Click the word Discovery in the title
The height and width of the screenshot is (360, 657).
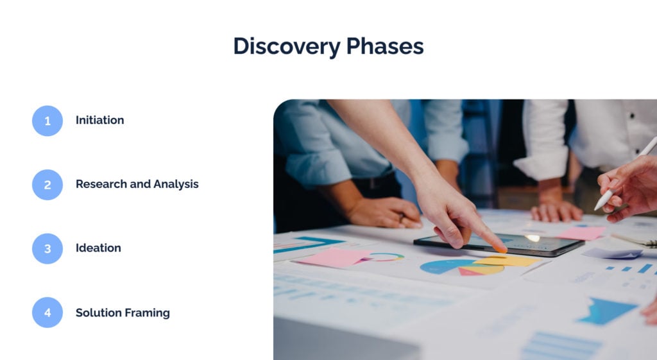(x=287, y=46)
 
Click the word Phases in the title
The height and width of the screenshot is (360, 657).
(x=385, y=46)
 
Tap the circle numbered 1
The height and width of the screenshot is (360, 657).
(x=47, y=121)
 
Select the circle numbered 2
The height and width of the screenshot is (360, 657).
(x=47, y=185)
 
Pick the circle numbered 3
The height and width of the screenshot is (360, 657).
(x=47, y=248)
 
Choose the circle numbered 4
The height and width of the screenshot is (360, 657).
(x=47, y=313)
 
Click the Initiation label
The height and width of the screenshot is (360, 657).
(x=99, y=120)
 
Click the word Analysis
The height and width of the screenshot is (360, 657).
(x=176, y=184)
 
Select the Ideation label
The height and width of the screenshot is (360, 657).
(x=98, y=248)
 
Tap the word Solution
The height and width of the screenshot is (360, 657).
(x=98, y=313)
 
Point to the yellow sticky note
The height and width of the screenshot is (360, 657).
(x=507, y=261)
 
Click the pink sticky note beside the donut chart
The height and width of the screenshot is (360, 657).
(x=333, y=257)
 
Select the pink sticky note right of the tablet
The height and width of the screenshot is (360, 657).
(x=581, y=233)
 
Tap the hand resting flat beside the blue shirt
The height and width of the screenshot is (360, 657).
(x=385, y=212)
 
